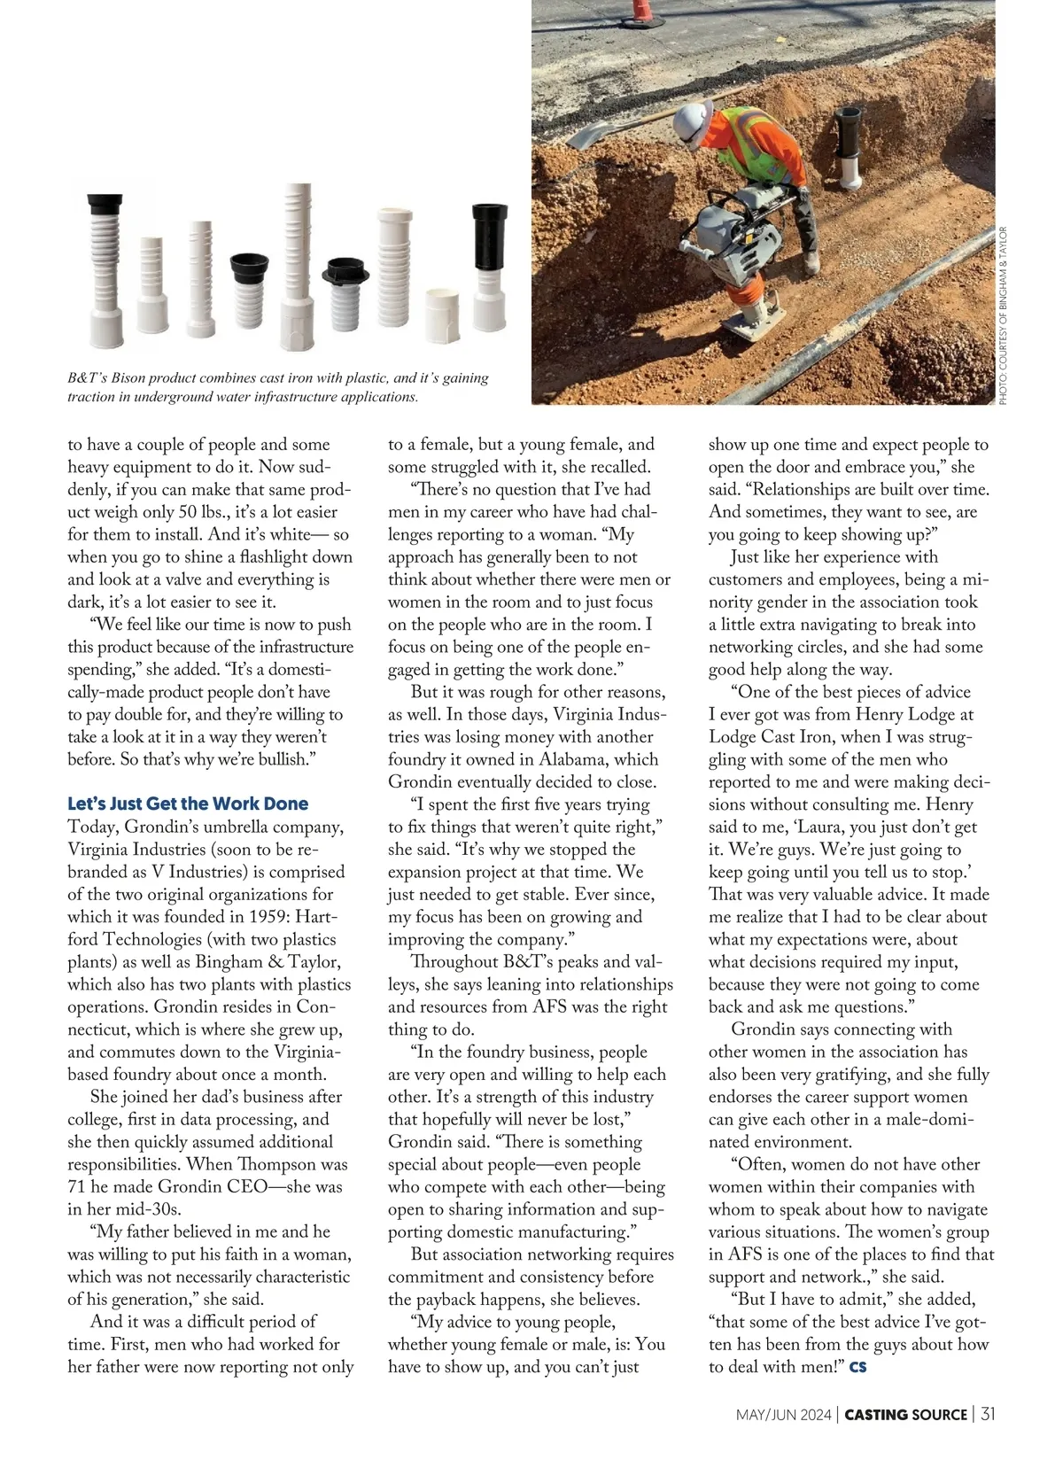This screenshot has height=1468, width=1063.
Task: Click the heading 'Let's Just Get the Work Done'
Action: click(188, 804)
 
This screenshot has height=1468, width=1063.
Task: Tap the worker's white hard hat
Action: click(692, 119)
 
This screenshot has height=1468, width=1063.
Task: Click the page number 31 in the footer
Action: click(988, 1414)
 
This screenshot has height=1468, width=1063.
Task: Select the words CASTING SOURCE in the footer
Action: click(905, 1415)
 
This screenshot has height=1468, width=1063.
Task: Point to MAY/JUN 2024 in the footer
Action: click(784, 1415)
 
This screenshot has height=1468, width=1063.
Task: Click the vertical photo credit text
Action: click(1003, 315)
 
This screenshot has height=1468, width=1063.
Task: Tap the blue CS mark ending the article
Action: click(857, 1367)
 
